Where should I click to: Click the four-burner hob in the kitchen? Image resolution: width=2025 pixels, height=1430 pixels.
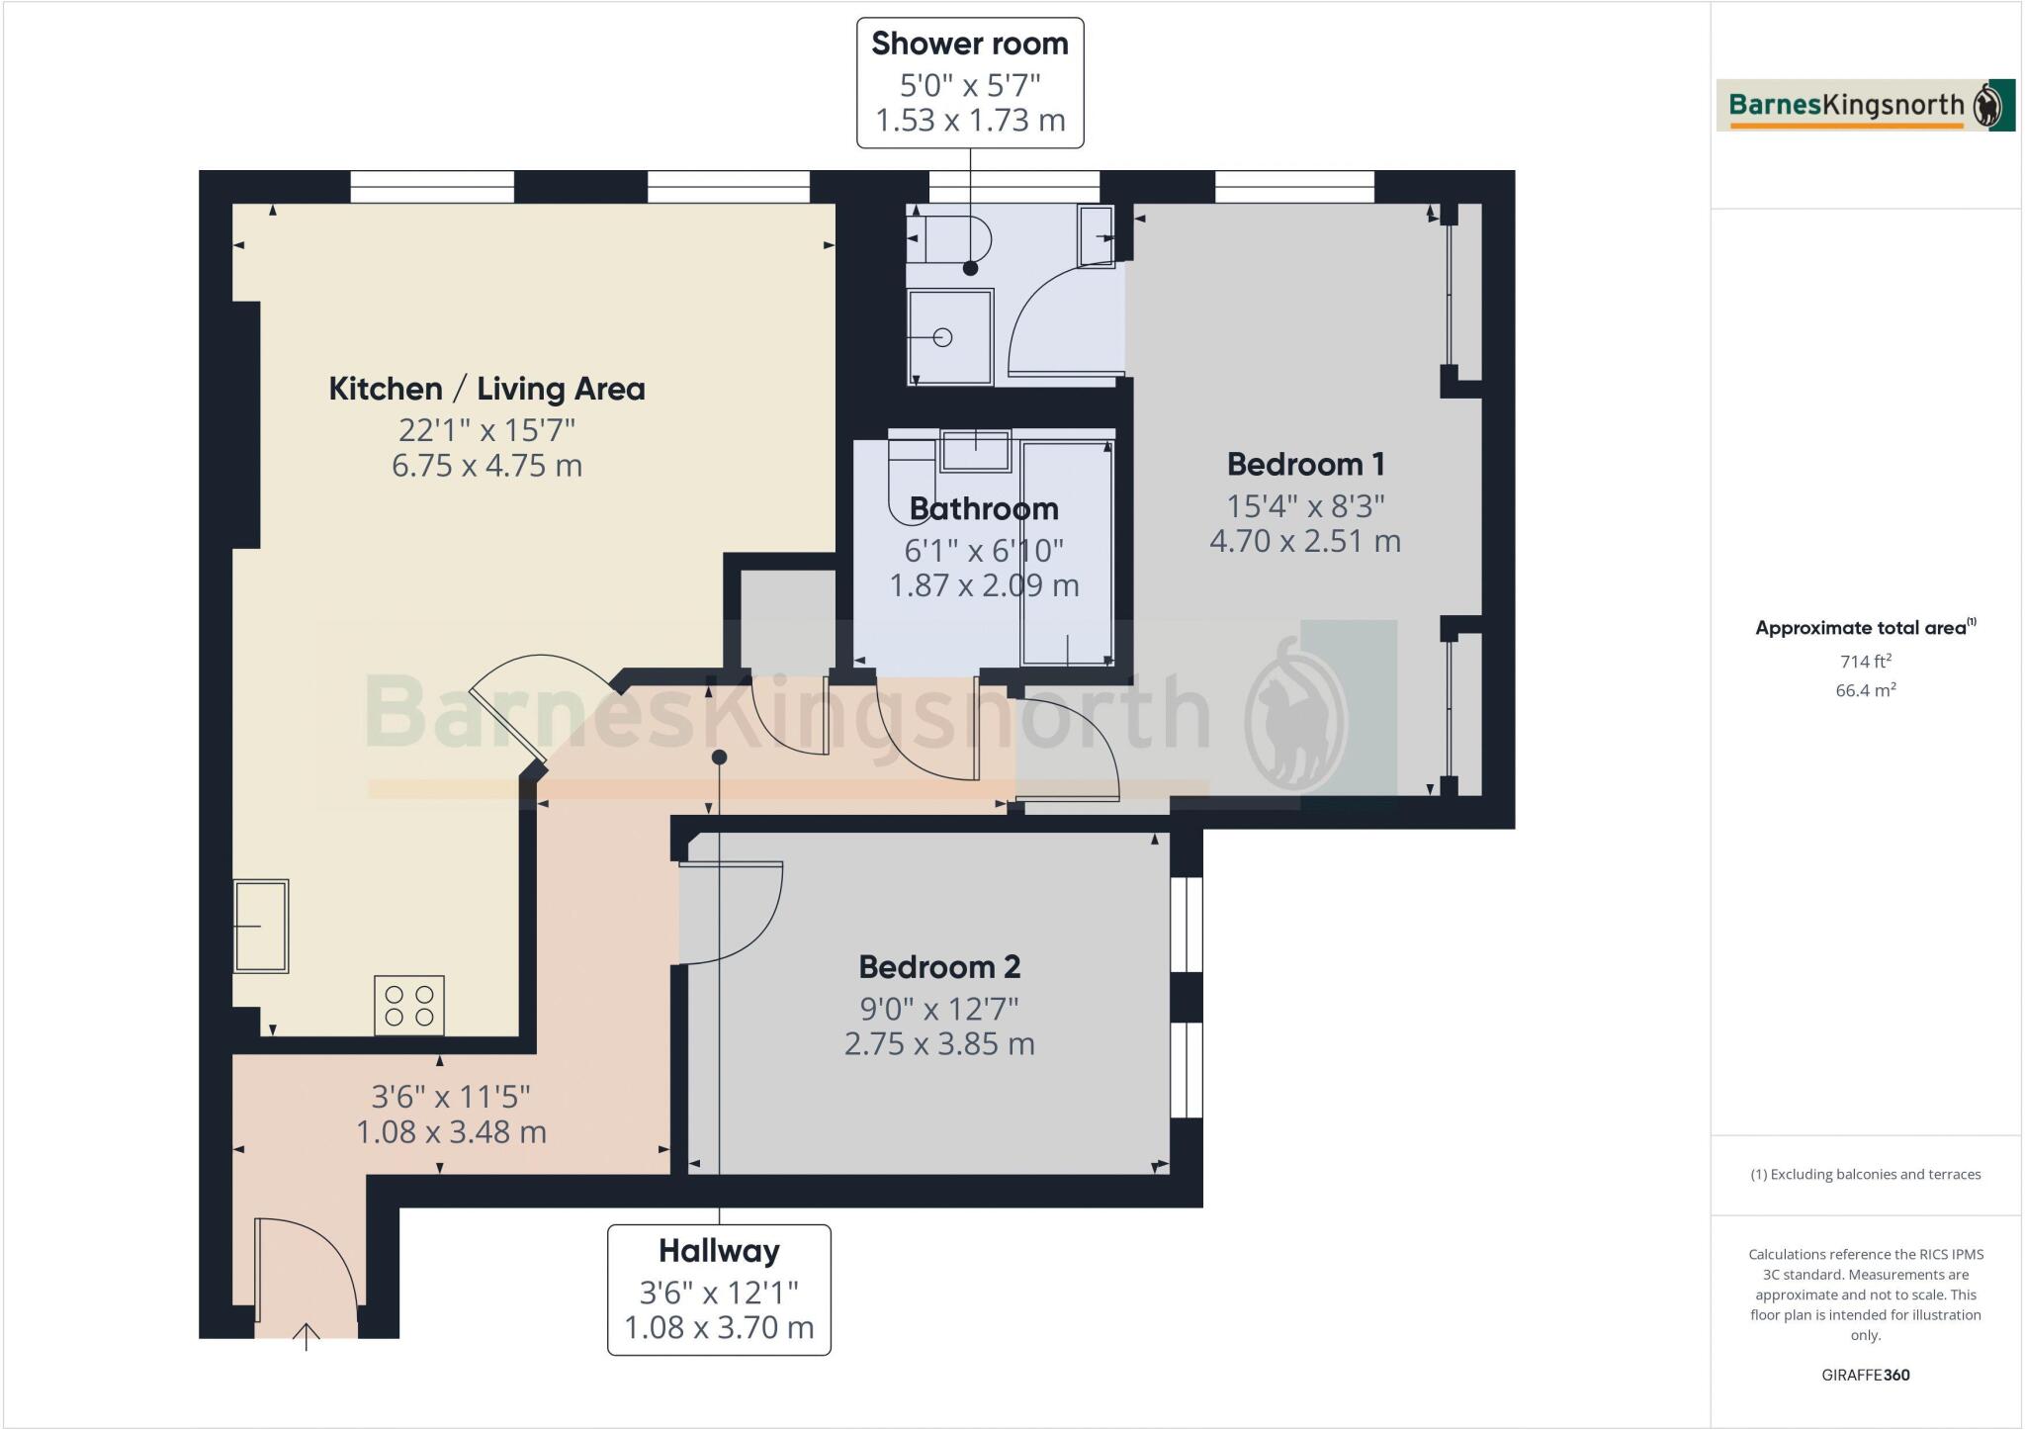pos(409,1006)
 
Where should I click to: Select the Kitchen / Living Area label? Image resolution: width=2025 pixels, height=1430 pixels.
pos(486,389)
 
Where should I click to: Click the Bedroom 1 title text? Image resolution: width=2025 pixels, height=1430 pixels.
pos(1305,464)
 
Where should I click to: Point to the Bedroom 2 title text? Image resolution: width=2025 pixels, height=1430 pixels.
pos(939,966)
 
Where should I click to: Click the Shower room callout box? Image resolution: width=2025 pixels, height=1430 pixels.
pos(969,82)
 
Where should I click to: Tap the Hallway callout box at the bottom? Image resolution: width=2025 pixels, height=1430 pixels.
pos(719,1290)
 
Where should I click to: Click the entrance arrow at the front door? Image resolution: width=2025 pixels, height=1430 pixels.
pos(307,1336)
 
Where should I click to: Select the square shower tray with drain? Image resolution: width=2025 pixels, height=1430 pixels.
pos(950,336)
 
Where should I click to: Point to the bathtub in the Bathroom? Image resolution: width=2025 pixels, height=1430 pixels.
pos(1067,552)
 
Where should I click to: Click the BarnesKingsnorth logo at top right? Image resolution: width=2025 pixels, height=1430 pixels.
pos(1865,105)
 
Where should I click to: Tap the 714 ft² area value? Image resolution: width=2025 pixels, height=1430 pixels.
pos(1865,662)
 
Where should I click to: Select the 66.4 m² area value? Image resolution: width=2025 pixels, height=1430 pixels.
pos(1865,690)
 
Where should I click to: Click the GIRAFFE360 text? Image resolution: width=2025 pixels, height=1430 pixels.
pos(1865,1375)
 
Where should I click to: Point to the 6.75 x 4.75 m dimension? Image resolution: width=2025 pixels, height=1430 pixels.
pos(486,465)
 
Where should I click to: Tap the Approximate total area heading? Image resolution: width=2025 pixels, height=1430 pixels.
pos(1863,627)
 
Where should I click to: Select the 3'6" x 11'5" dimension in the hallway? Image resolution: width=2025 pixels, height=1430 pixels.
pos(451,1096)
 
